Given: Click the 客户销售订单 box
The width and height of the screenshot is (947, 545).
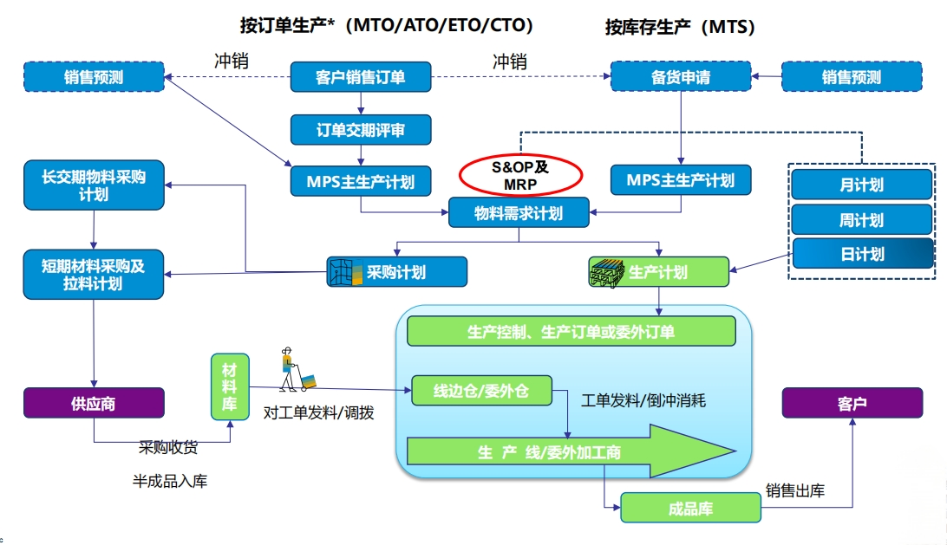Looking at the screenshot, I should [360, 77].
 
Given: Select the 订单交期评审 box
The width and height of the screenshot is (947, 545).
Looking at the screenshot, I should [360, 130].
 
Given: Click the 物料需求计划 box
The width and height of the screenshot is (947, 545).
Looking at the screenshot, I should [519, 212].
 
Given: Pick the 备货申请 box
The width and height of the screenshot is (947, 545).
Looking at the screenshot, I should [680, 77].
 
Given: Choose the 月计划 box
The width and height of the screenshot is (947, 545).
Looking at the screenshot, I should [861, 185].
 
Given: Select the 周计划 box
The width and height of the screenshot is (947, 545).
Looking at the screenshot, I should [861, 220].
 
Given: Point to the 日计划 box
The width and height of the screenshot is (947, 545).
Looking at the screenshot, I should [861, 254].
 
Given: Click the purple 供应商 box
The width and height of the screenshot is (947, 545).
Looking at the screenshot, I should [94, 403].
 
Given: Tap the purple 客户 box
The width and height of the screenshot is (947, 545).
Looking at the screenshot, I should [852, 403].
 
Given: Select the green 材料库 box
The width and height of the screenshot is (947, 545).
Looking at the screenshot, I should [230, 386].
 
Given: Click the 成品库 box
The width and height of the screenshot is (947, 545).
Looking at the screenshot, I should [690, 508].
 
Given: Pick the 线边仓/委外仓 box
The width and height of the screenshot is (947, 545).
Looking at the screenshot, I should [481, 392].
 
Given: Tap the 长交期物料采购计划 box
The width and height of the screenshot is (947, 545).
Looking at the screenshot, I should [94, 185].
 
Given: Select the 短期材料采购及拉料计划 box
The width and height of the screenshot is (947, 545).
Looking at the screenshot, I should [94, 275].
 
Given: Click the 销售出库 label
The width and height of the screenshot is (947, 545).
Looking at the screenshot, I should [795, 491].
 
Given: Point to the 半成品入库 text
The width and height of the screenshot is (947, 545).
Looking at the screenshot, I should [169, 481].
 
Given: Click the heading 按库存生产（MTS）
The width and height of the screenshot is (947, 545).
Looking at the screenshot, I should [680, 27].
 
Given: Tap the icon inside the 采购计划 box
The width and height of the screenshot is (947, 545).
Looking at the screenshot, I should [343, 272].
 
